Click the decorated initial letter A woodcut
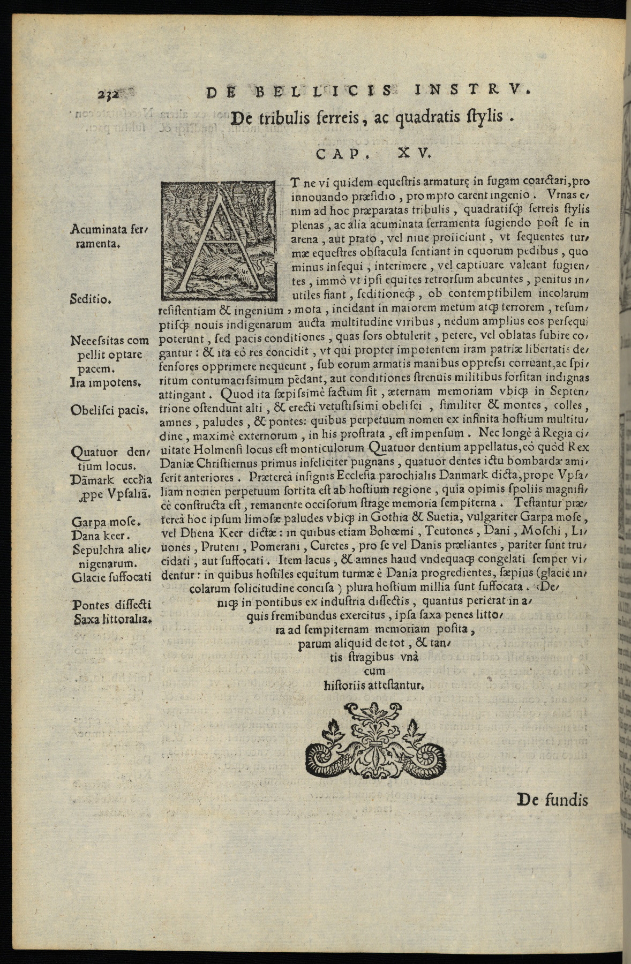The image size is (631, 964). pyautogui.click(x=222, y=240)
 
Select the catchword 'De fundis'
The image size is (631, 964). pyautogui.click(x=552, y=800)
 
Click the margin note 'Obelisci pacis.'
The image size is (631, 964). pyautogui.click(x=109, y=410)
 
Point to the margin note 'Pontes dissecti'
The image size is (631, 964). pyautogui.click(x=112, y=605)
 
